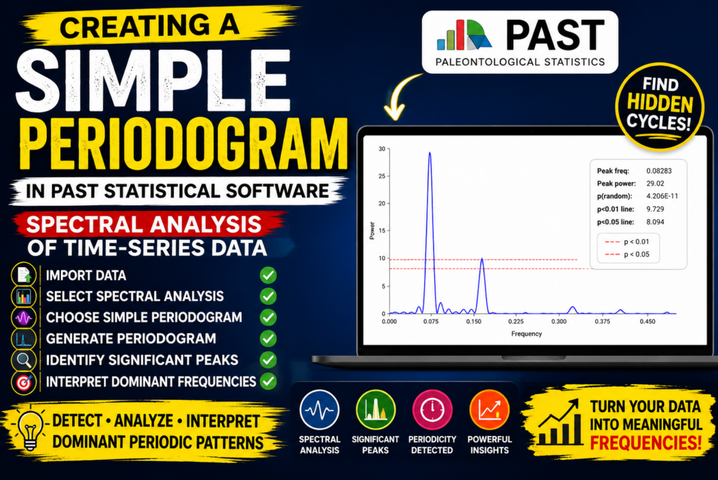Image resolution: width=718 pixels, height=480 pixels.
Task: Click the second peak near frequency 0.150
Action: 482,259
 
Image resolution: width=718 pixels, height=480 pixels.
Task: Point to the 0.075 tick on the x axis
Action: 431,321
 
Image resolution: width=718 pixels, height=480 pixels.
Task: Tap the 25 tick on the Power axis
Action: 381,176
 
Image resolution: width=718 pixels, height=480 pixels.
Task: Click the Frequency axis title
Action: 526,334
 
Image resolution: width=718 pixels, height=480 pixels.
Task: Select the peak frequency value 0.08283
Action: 659,171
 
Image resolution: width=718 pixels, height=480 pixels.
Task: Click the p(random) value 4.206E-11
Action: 662,196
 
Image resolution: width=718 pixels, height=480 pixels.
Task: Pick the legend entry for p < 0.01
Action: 627,242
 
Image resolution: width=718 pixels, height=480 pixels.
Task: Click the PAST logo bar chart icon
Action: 464,35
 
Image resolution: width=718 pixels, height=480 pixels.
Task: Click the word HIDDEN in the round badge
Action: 660,104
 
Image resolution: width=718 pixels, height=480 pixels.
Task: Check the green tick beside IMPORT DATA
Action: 268,275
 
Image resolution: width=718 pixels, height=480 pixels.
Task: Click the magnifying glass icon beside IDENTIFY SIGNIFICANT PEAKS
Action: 23,360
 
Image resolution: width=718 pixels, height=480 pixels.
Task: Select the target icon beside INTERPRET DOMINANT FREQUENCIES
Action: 23,382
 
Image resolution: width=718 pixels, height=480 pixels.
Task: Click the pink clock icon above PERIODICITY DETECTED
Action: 432,409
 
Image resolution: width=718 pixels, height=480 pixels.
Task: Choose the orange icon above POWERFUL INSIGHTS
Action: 489,409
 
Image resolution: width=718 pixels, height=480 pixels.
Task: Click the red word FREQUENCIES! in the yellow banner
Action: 646,443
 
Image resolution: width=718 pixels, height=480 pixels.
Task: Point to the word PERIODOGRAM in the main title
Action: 183,144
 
